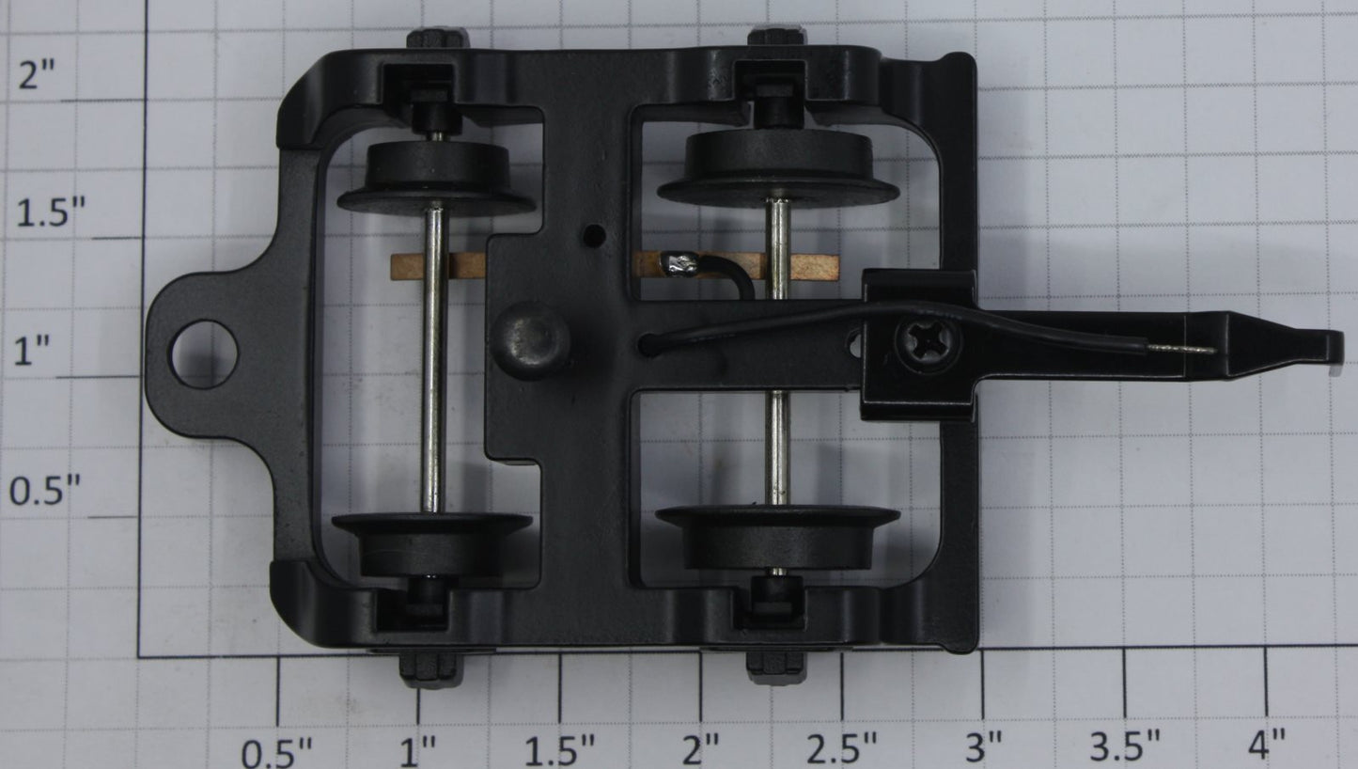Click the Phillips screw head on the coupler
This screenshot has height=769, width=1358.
click(x=928, y=344)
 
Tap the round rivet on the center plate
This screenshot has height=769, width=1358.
click(x=532, y=341)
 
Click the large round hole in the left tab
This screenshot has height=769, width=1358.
click(x=204, y=354)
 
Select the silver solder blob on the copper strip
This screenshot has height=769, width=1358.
click(x=680, y=265)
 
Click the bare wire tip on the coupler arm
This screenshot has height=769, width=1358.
click(x=1182, y=350)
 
